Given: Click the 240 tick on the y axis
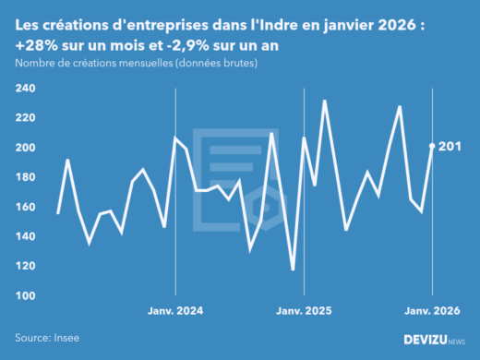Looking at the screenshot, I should pos(25,89).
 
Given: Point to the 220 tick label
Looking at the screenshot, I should pos(25,118).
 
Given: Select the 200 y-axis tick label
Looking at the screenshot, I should pos(25,148).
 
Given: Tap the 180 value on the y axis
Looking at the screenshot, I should pos(25,177).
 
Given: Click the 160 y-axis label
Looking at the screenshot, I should pos(25,207).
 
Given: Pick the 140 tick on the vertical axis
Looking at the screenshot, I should pos(25,236).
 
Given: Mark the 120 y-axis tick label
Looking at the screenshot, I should pos(25,266).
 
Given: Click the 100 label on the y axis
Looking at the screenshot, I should pos(25,295).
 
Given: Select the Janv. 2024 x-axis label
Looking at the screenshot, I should pos(174,311).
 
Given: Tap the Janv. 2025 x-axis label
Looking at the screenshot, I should pos(304,311).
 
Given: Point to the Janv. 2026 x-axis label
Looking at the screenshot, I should pos(433,311).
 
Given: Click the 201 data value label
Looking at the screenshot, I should pos(450,147).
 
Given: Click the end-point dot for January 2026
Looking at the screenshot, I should pos(433,146).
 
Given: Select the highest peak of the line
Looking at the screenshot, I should pos(325,101).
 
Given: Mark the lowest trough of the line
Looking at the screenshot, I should pos(293,270).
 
